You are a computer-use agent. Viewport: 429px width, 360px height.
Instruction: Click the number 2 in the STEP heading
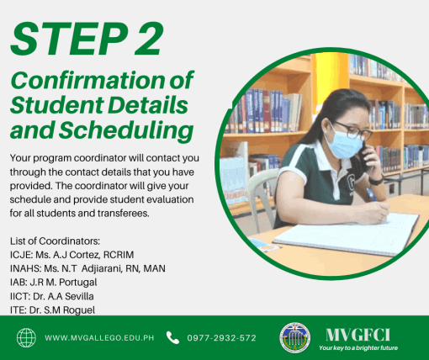point(149,39)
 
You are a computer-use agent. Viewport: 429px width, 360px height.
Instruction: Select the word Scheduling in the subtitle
point(126,130)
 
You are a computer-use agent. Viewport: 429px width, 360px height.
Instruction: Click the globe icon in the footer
point(26,338)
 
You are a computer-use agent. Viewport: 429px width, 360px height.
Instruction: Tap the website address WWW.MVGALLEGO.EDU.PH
point(99,338)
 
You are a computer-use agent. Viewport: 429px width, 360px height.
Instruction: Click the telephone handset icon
point(172,337)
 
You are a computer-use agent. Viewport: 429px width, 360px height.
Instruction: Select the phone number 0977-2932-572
point(221,338)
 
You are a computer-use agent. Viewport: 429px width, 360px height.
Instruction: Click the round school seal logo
point(294,337)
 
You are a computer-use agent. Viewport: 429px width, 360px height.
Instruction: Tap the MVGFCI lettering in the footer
point(357,335)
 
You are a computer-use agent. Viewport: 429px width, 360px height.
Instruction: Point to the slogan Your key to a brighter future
point(358,348)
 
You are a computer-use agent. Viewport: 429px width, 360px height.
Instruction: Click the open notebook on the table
point(347,235)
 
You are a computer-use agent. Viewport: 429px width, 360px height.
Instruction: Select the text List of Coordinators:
point(55,241)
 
